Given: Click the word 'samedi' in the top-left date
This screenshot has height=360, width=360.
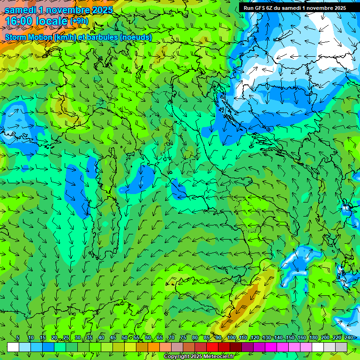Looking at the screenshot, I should (x=20, y=10).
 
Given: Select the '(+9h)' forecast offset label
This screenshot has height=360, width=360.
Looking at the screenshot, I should (x=79, y=21).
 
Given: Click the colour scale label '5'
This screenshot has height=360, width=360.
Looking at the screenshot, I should (x=18, y=338).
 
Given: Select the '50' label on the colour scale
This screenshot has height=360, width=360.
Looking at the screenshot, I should (x=125, y=338).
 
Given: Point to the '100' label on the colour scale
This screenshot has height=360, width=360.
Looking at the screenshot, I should (x=231, y=338).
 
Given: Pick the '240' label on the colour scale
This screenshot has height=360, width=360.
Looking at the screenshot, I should (x=348, y=338).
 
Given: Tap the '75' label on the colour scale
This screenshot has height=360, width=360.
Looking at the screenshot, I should (x=183, y=338).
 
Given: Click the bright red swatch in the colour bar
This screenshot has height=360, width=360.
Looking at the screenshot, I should (x=212, y=347).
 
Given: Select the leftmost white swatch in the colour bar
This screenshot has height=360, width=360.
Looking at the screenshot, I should (x=13, y=347).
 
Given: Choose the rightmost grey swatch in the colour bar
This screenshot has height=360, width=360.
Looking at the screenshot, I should (x=341, y=347).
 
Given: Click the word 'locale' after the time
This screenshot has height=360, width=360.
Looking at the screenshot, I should (x=52, y=21).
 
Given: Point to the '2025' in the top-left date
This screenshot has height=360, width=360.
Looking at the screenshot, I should (x=102, y=10).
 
